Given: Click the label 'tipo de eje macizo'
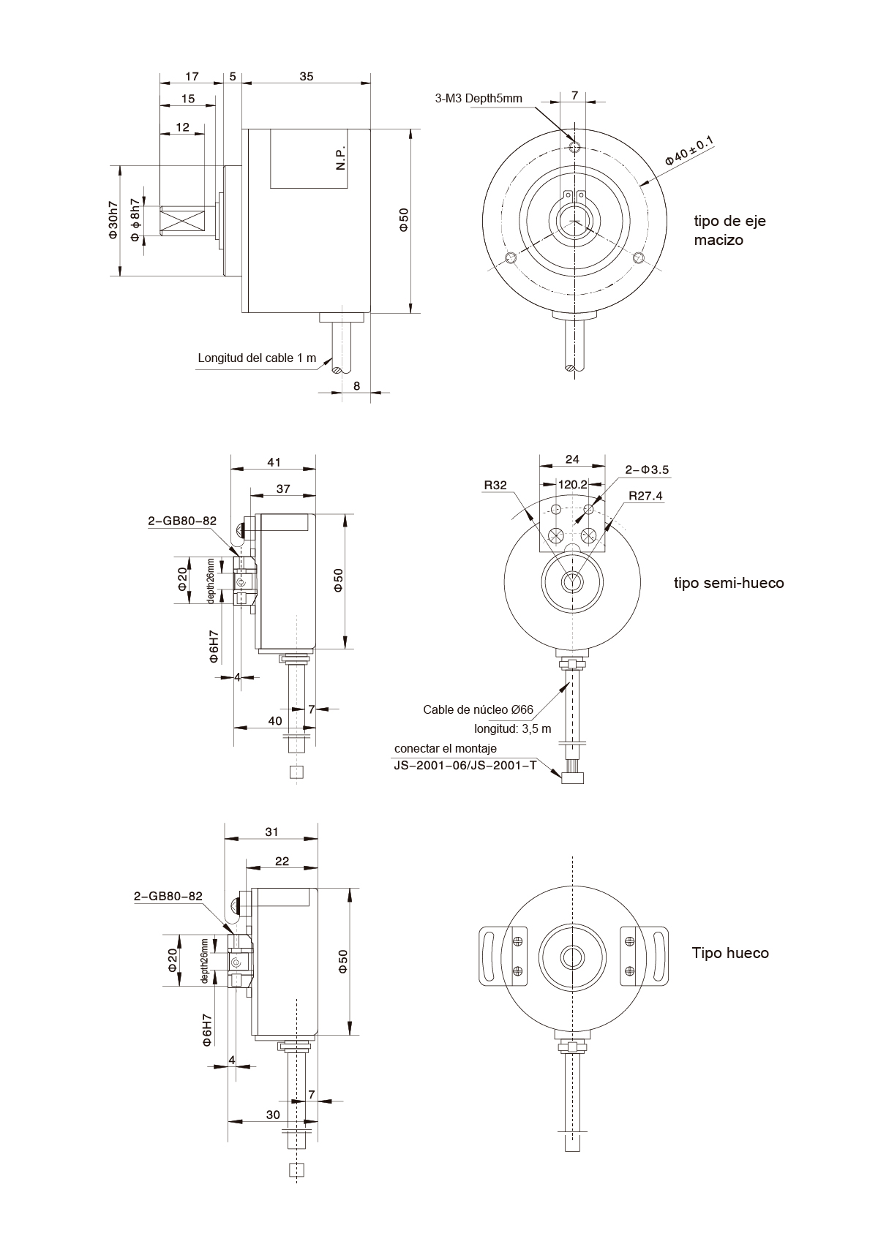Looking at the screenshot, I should [729, 230].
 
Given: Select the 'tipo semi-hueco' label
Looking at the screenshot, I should [728, 583].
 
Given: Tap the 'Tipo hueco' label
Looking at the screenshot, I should [729, 953].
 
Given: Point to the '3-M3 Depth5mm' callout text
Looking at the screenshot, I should [479, 98].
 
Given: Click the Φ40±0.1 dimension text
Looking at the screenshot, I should [688, 151].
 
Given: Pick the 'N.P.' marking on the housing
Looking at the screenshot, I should [341, 158].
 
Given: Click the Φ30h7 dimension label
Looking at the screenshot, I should [113, 220].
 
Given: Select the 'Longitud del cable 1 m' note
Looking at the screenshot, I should [257, 358].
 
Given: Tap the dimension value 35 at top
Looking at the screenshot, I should [307, 76].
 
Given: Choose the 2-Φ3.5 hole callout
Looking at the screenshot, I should [647, 470].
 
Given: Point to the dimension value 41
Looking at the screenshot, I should [274, 462].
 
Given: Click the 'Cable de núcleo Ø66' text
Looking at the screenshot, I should [478, 709].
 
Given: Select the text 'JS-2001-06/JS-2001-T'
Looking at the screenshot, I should [465, 765].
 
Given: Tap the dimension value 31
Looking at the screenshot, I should [271, 832].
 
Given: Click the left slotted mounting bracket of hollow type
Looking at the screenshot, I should [490, 953].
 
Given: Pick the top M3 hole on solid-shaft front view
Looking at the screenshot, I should [575, 148].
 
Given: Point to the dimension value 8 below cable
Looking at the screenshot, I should [356, 385].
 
